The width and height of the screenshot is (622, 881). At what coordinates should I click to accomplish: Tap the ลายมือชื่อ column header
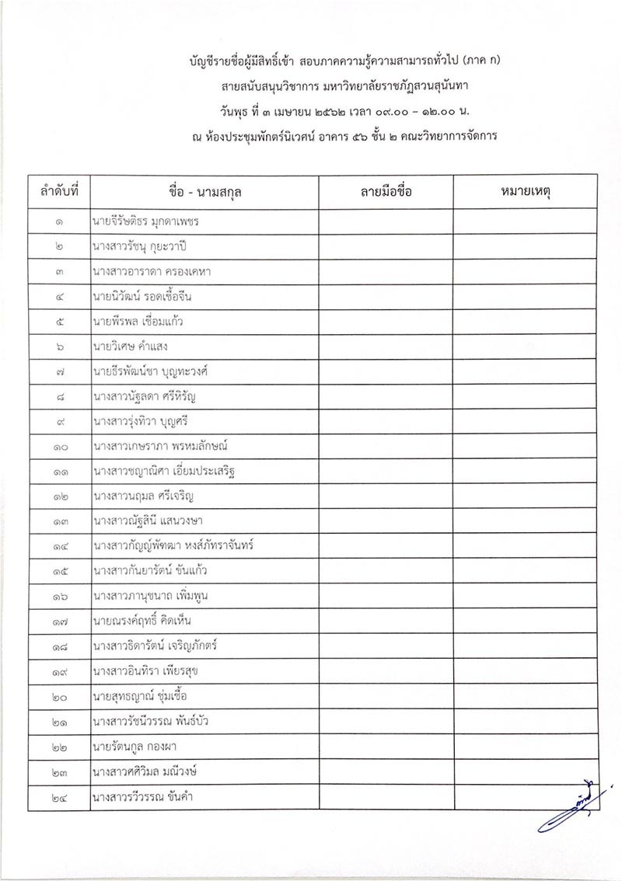pos(386,191)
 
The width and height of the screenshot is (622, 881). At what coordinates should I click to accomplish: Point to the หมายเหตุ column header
pos(526,191)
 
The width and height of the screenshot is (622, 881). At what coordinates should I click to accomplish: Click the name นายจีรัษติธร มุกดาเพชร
pos(145,221)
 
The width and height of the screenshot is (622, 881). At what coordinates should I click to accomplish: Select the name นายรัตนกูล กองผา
pos(131,747)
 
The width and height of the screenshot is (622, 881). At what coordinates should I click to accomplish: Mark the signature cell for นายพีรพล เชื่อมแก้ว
pos(386,321)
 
